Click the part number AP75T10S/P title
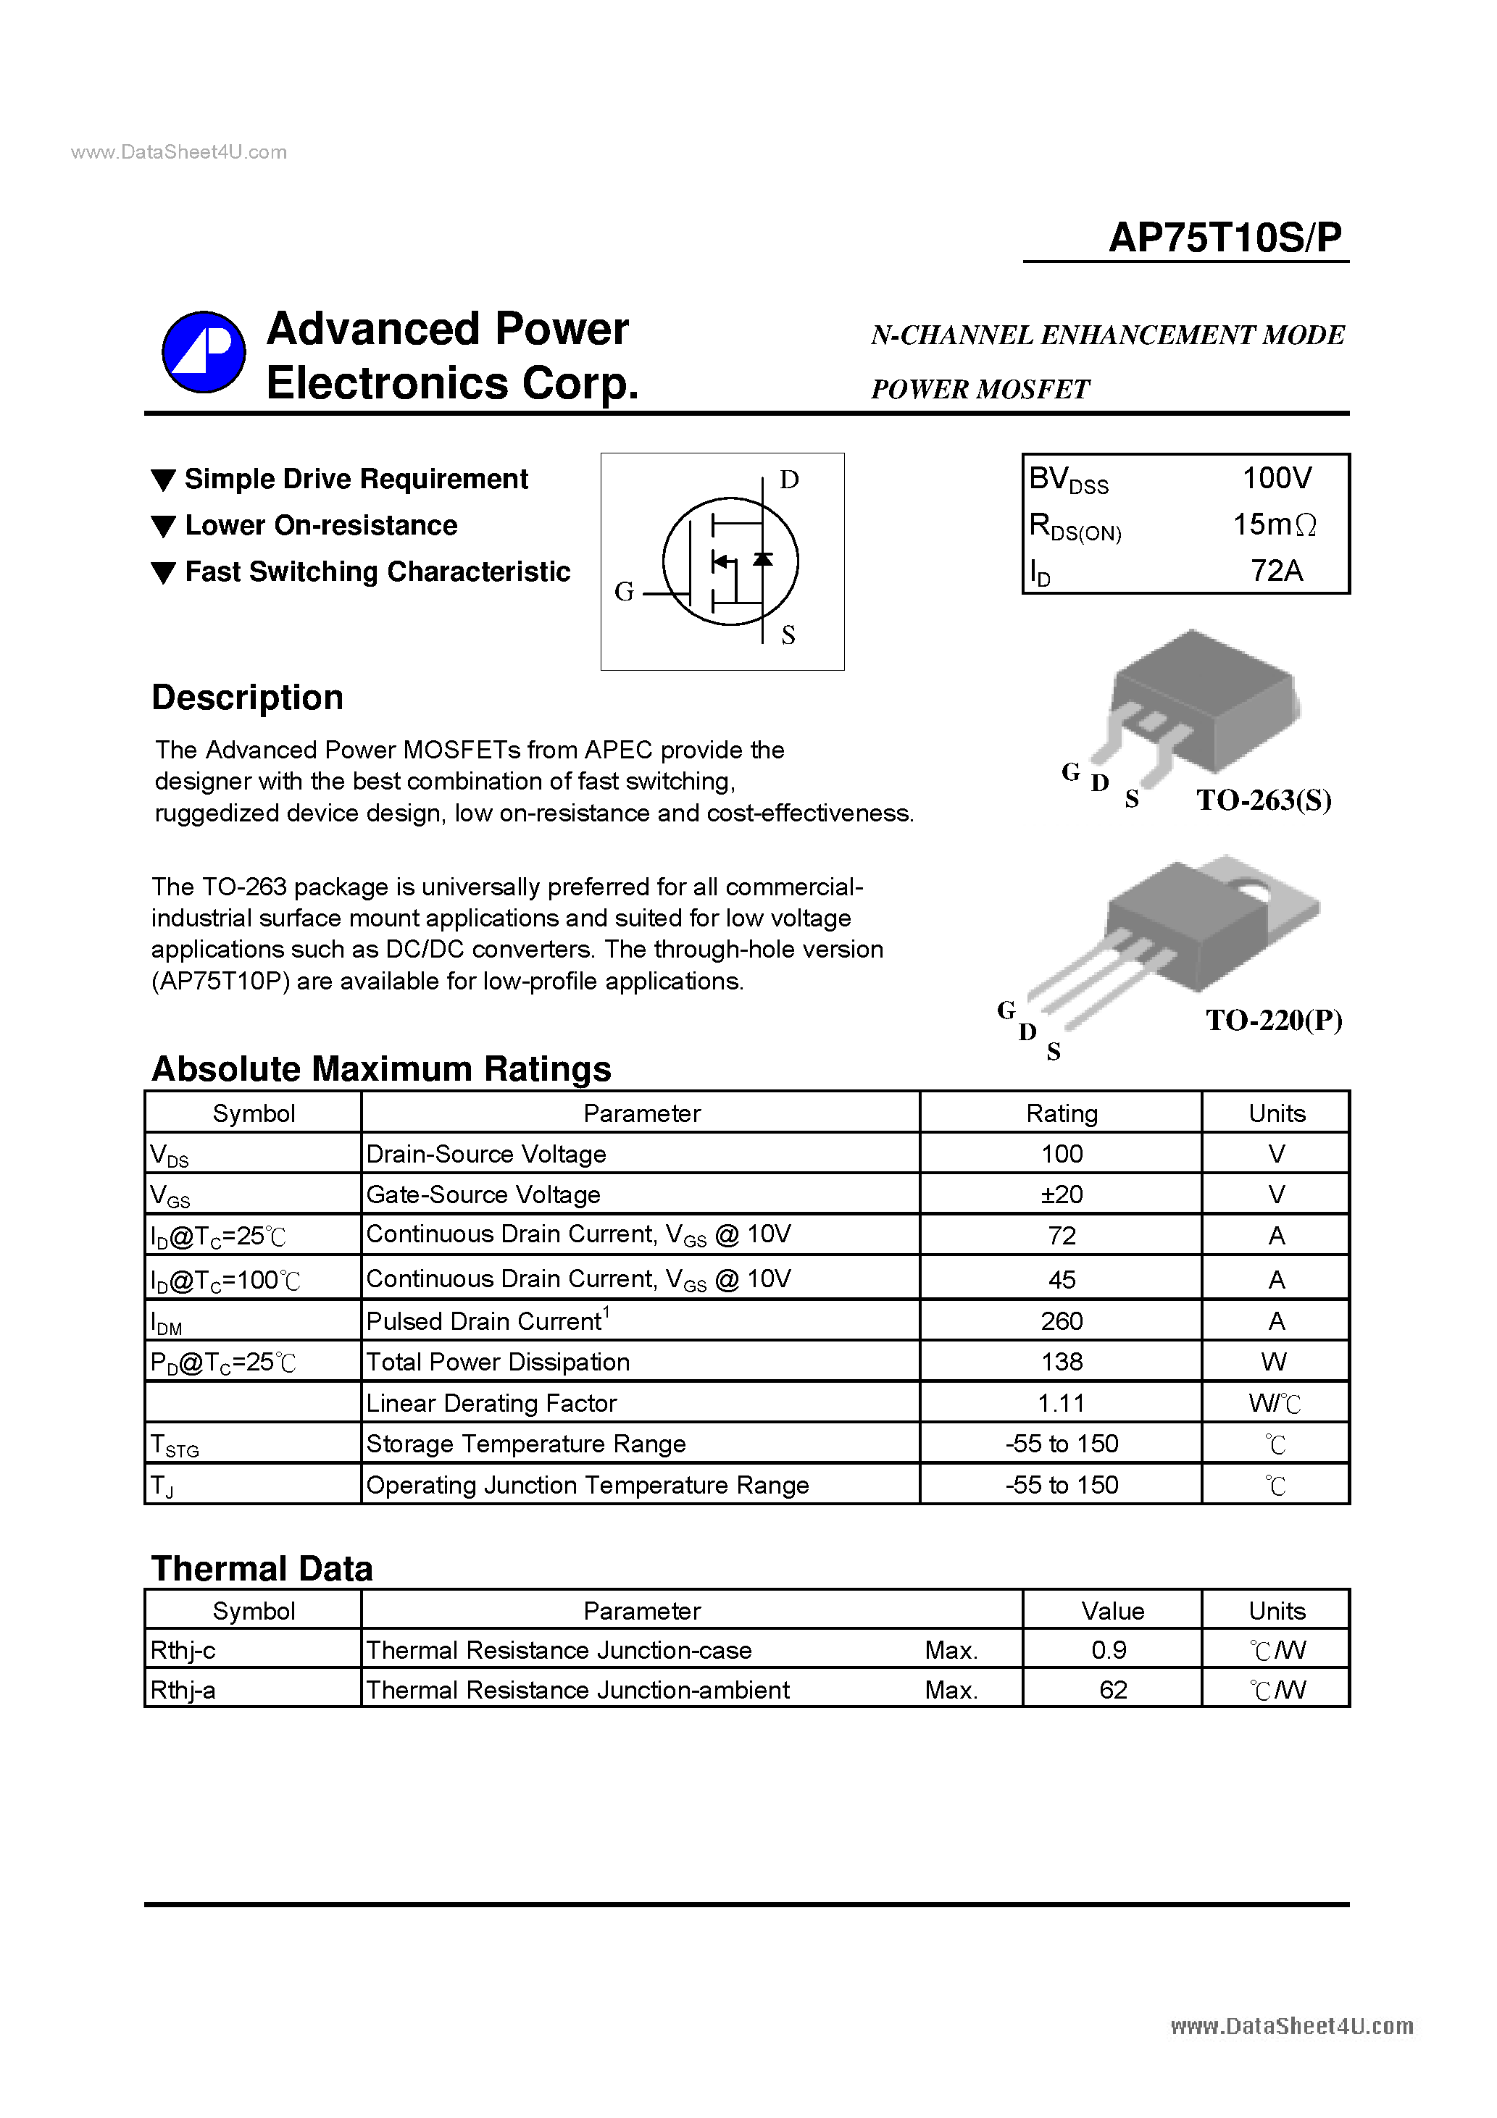(x=1224, y=238)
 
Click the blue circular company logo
(x=203, y=351)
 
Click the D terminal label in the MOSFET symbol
(x=788, y=480)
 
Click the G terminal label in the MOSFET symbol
(x=624, y=591)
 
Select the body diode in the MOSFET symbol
(x=762, y=559)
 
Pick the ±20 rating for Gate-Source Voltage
(x=1061, y=1194)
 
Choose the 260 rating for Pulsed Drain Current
(x=1061, y=1321)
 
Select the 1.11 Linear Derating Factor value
(x=1061, y=1403)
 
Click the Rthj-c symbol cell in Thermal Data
(x=183, y=1650)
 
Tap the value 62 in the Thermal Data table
(x=1112, y=1690)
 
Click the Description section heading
(x=247, y=698)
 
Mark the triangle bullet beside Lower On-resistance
(x=163, y=527)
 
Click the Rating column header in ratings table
(x=1061, y=1113)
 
